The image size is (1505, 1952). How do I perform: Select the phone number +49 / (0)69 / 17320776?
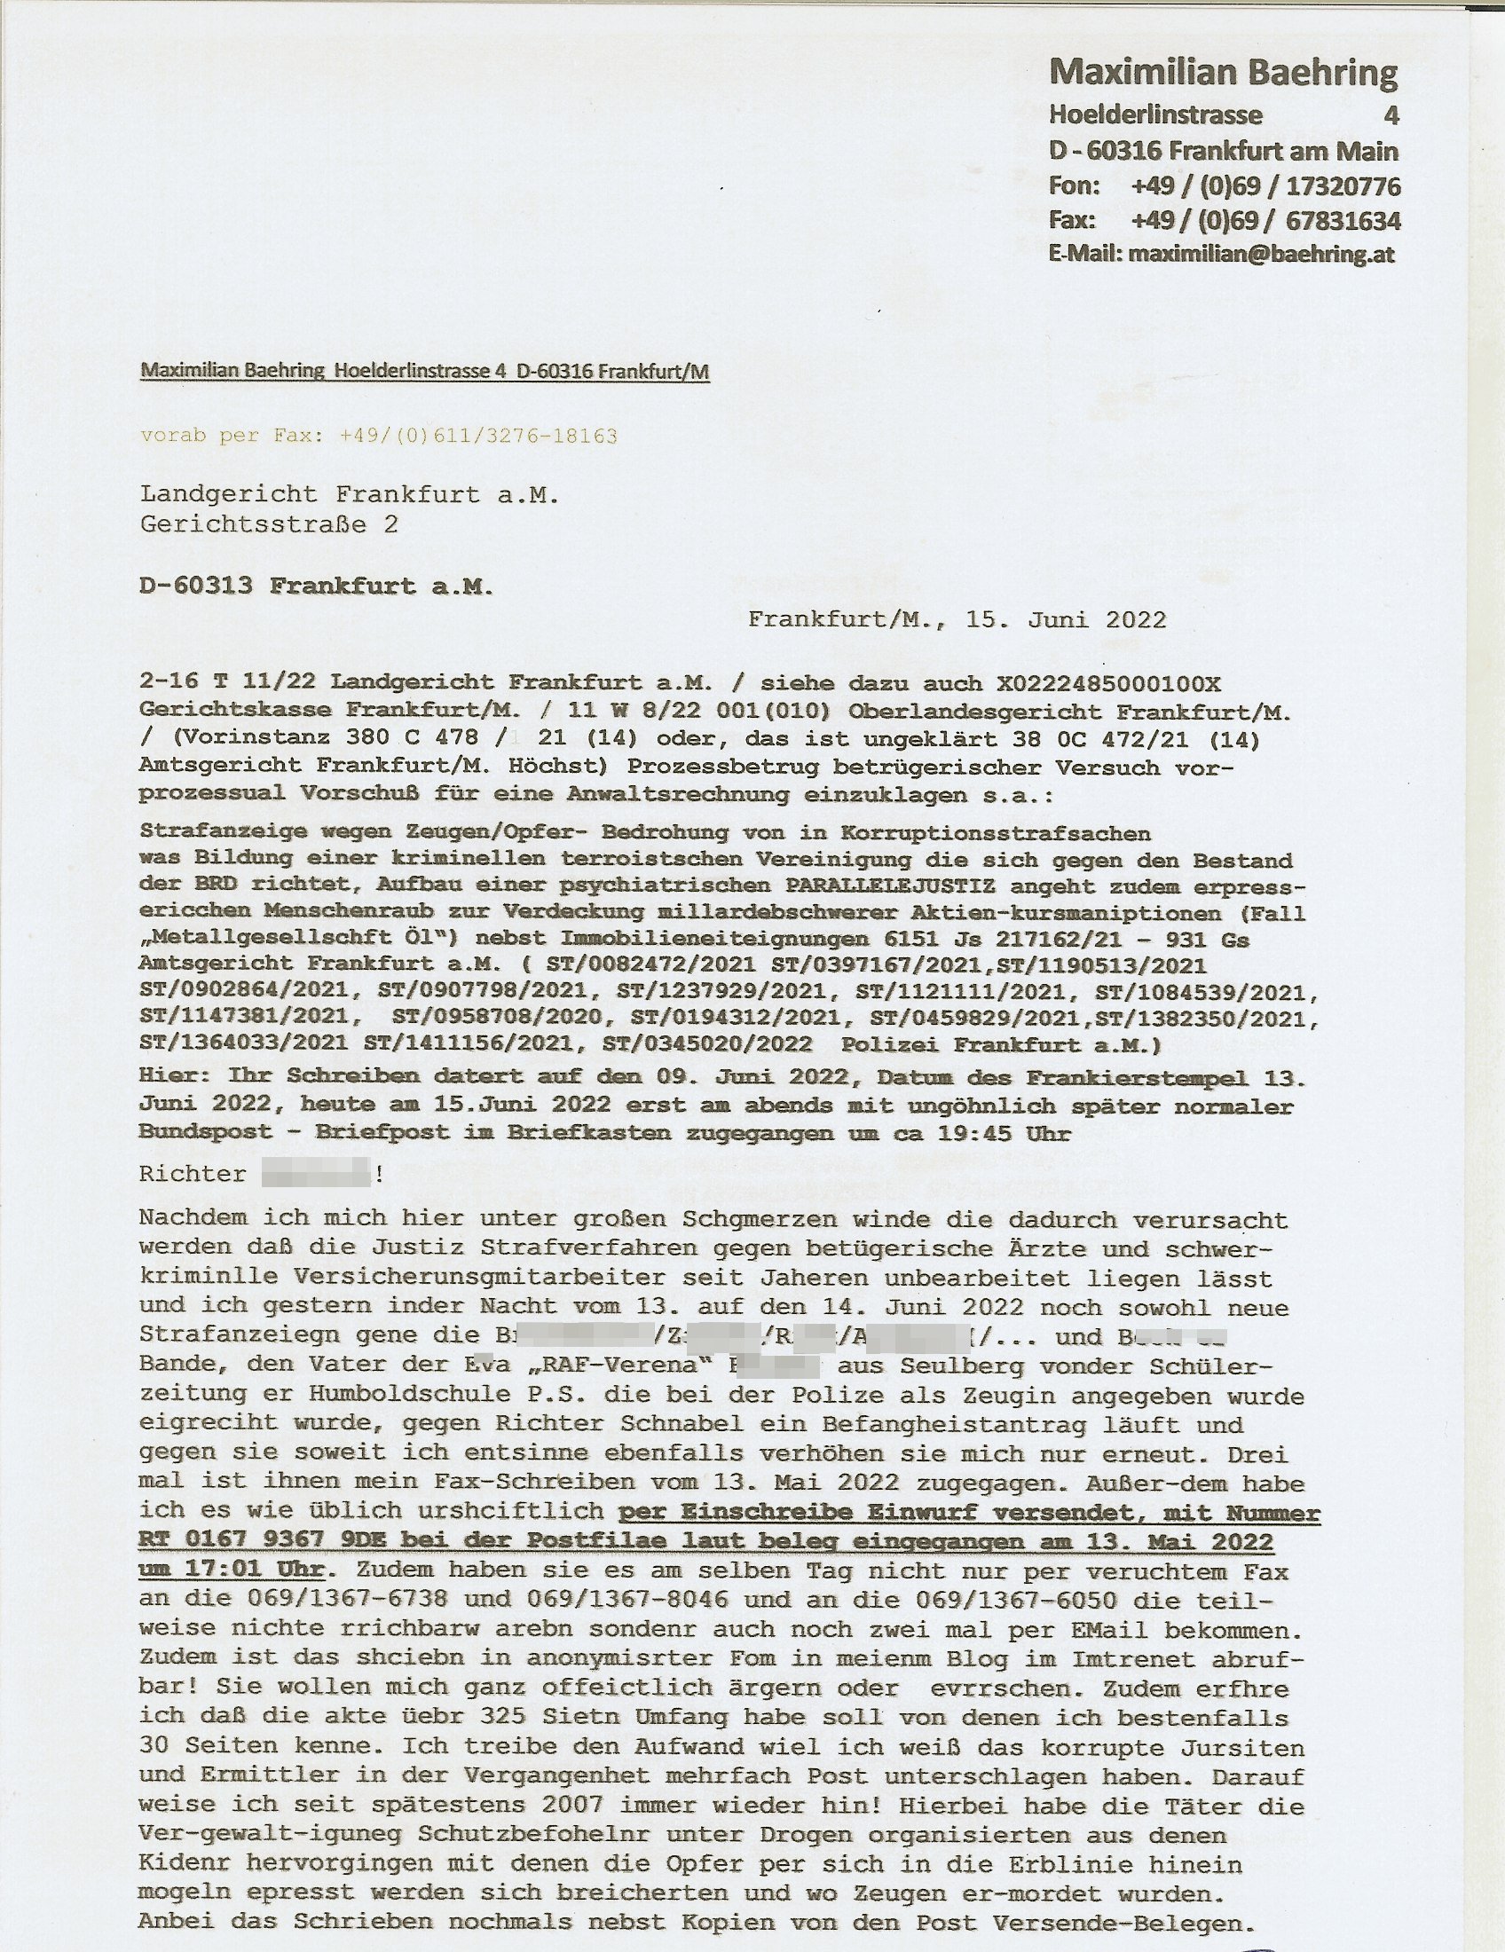pos(1265,187)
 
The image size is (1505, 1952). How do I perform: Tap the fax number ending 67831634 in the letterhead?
pos(1265,221)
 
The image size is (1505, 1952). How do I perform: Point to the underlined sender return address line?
pos(424,372)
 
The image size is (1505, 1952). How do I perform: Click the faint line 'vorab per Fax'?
pos(378,437)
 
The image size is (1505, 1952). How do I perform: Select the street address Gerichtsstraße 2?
pos(269,523)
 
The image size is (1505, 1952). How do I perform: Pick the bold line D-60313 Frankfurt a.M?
pos(317,586)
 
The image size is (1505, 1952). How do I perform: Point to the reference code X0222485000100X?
pos(1108,684)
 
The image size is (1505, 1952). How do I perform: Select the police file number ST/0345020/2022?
pos(708,1044)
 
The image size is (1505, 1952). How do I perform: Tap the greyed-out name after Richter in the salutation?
pos(317,1174)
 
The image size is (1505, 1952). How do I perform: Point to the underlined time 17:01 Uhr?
pos(232,1570)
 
